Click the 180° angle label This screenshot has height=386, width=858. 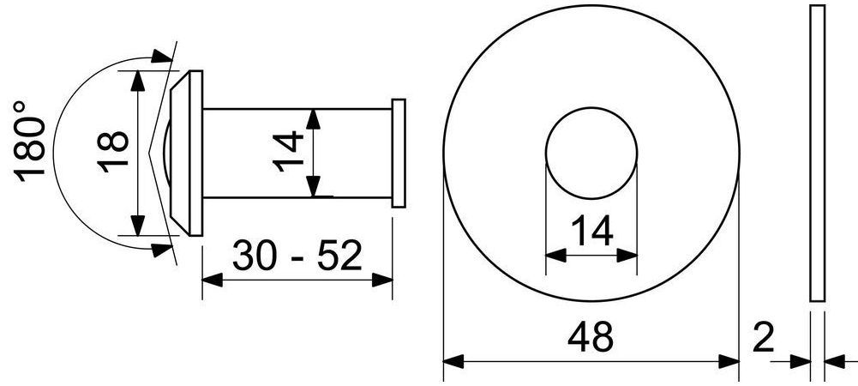pos(29,142)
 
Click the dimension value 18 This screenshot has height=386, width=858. pos(113,152)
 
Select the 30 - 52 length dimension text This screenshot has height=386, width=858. pos(297,255)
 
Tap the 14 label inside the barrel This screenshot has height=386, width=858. pos(288,152)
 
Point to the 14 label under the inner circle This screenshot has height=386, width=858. pos(591,232)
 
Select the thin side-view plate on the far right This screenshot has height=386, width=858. pos(817,153)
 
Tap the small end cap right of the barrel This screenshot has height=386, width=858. pos(399,154)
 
